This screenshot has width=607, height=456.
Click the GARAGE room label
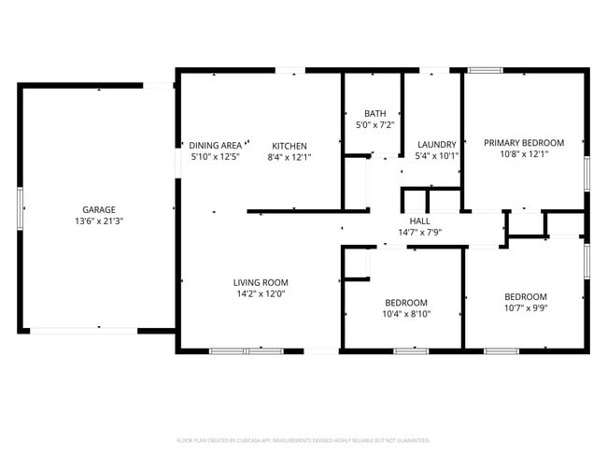coord(98,209)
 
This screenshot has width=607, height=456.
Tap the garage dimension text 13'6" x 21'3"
coord(98,221)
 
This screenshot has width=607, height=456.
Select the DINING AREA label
coord(215,146)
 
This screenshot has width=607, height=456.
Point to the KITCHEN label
coord(289,146)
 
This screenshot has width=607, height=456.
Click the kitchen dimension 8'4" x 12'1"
coord(289,158)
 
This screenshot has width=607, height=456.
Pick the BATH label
coord(374,112)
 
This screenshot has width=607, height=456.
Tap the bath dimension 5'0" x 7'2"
coord(374,124)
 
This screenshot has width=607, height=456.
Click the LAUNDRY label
coord(436,145)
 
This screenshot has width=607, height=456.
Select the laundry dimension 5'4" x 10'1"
coord(436,156)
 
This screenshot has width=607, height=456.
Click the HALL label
coord(419,221)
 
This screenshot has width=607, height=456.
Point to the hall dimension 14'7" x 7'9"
coord(419,232)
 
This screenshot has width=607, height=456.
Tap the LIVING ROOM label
coord(261,282)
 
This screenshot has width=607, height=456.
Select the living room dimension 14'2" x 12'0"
coord(261,293)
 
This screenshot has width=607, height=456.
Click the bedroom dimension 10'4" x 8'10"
coord(406,314)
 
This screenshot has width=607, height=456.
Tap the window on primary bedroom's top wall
coord(485,69)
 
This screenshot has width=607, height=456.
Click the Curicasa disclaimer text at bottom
coord(303,439)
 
